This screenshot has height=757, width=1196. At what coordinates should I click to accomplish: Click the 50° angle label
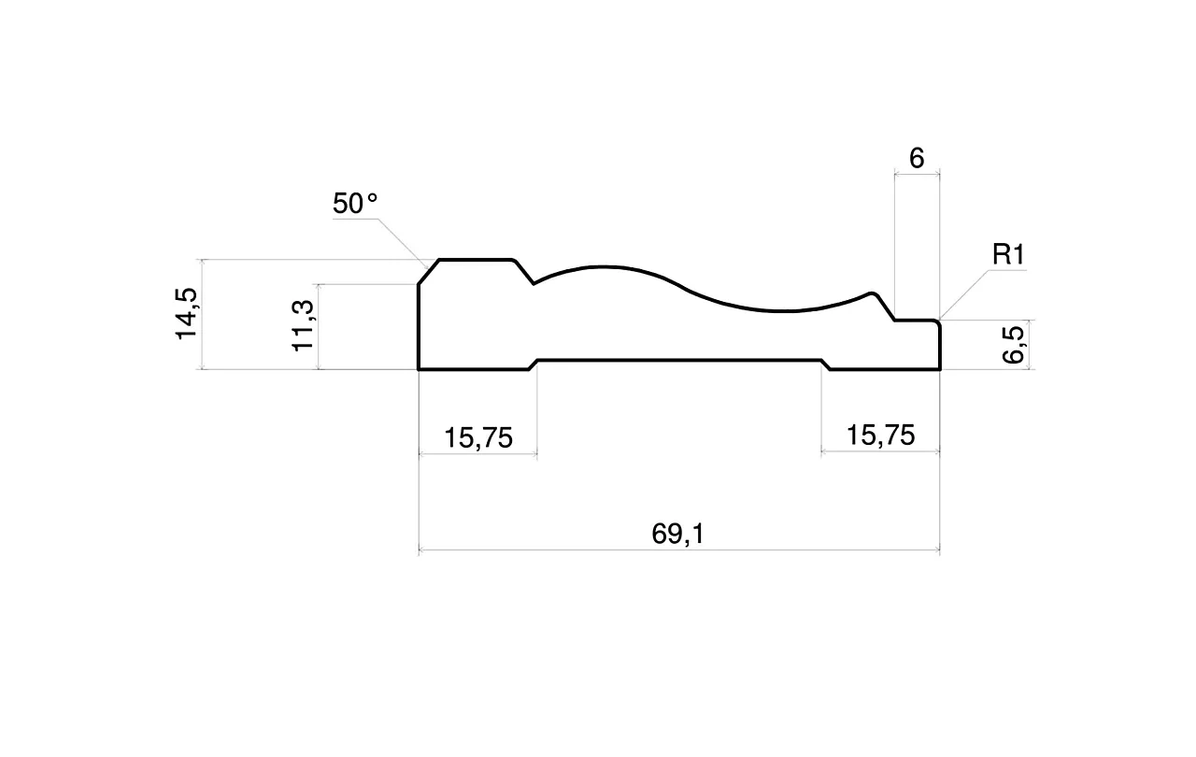point(355,204)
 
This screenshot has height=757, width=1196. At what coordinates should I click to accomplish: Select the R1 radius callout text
point(1008,254)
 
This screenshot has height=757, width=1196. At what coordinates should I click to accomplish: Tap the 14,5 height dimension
point(186,313)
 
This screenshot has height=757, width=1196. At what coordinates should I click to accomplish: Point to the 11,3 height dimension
point(303,325)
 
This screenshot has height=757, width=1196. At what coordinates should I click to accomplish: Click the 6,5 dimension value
point(1013,345)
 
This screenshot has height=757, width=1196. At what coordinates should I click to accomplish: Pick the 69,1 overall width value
point(678,534)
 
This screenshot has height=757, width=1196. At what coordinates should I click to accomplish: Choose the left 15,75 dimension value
point(478,437)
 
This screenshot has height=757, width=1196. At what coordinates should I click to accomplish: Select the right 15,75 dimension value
point(880,436)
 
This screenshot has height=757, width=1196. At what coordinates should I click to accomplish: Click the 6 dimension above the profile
point(917,159)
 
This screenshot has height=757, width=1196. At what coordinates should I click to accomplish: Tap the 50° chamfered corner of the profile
point(429,272)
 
